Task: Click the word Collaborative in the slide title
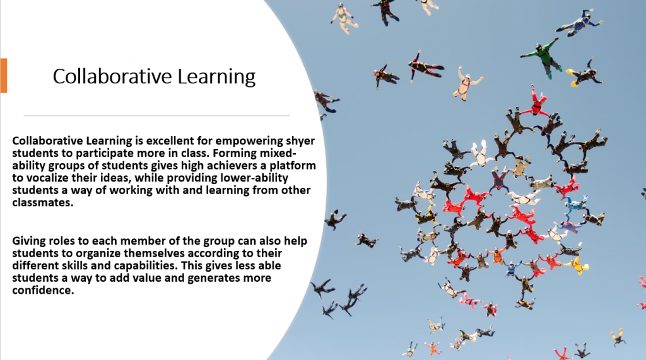point(112,76)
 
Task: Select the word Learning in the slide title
point(216,77)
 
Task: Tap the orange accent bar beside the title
point(4,76)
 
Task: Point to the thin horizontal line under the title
point(156,116)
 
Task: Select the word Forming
point(235,154)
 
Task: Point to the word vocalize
point(45,178)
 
